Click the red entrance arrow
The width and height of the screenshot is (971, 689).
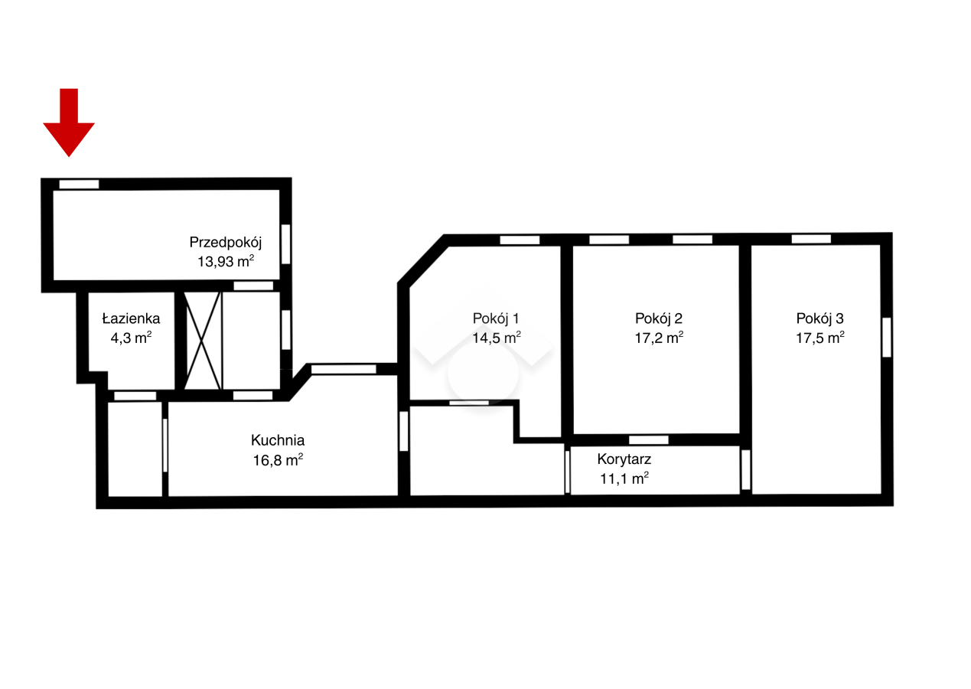[69, 122]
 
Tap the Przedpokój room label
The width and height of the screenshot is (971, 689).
[226, 243]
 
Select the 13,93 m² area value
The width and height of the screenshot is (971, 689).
[226, 261]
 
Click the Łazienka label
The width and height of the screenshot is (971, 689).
[131, 318]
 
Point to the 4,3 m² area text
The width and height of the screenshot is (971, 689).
[131, 338]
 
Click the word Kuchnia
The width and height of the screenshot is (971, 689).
[278, 440]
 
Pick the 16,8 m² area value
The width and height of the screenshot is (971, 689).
[278, 459]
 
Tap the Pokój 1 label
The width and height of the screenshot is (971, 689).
[496, 318]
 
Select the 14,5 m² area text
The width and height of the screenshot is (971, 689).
[496, 338]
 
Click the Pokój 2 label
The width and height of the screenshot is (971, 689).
[659, 318]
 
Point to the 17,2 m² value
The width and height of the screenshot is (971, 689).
[659, 338]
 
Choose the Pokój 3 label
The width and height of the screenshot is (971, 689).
[819, 318]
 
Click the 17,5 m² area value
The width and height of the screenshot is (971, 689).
[819, 338]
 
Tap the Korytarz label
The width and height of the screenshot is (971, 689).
[624, 459]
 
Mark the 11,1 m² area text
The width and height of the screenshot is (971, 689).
[624, 478]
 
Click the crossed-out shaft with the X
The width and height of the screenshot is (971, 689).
[203, 341]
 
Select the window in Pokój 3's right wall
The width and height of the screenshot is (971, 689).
[887, 338]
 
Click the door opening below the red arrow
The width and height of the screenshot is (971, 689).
[79, 184]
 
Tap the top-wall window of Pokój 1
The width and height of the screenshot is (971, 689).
[520, 240]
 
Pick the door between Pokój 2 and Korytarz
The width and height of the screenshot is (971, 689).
[649, 439]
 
